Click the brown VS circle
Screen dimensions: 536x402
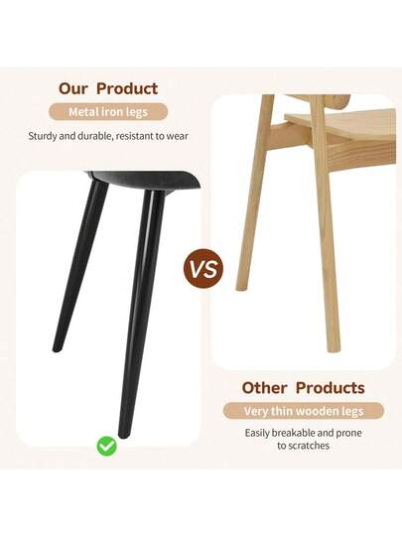pos(203,269)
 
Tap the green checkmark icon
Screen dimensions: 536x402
pos(106,446)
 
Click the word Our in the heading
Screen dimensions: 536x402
pos(76,89)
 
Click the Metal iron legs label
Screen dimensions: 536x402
pos(108,112)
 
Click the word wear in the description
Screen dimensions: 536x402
pos(175,135)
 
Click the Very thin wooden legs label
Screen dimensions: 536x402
pos(304,411)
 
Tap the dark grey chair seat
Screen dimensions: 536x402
pos(149,180)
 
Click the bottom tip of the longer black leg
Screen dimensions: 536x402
pos(124,433)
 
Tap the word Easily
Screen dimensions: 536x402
pos(261,433)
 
